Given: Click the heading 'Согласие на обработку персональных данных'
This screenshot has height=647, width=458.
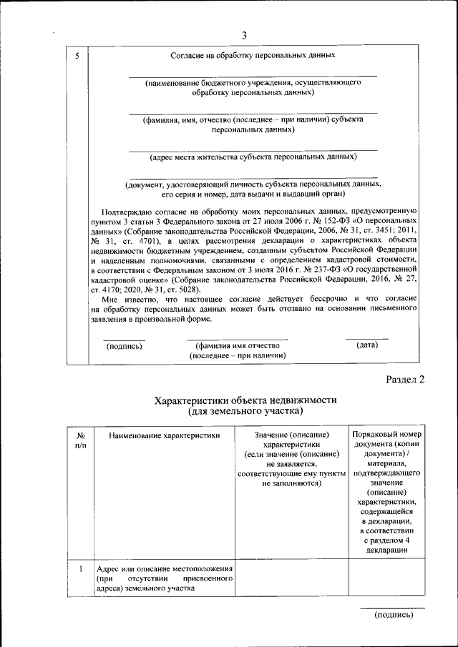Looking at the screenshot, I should [253, 55].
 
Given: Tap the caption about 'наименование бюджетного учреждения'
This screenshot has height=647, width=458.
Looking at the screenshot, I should [253, 88].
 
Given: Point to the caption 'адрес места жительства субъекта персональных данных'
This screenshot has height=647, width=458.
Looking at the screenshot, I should [253, 156].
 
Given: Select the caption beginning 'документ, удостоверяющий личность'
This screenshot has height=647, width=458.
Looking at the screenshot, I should [253, 189].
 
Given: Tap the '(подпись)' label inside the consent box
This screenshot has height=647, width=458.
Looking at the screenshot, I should [124, 346].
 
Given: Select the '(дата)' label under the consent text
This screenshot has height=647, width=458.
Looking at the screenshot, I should [366, 345].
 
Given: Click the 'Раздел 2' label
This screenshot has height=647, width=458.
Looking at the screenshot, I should [405, 380].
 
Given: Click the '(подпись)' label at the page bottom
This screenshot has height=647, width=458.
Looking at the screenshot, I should [393, 614].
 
